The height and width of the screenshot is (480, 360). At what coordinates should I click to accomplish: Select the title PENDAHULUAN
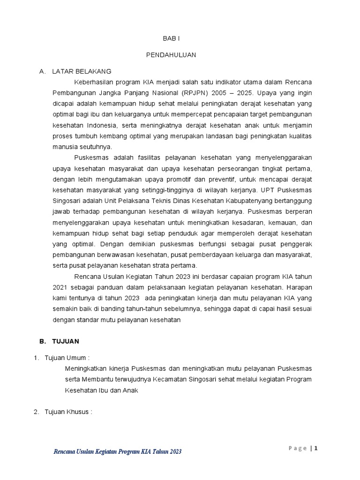click(171, 55)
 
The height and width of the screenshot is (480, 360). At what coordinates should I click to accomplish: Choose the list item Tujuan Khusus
click(68, 412)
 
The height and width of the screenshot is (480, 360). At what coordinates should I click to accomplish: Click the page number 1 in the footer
click(316, 448)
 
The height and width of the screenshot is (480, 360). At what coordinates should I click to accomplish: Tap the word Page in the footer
click(297, 449)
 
